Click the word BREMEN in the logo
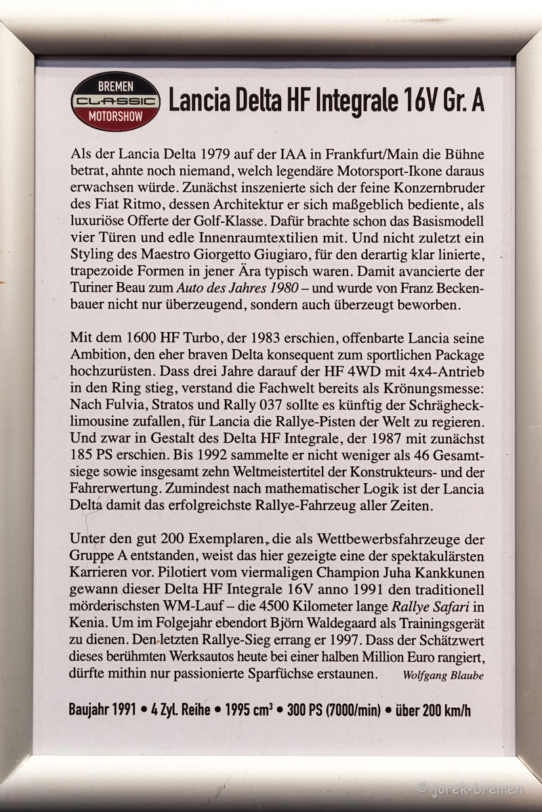click(x=115, y=86)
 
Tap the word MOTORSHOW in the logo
click(x=115, y=116)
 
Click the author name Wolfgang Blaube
click(x=442, y=675)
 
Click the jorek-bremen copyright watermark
click(x=470, y=788)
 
